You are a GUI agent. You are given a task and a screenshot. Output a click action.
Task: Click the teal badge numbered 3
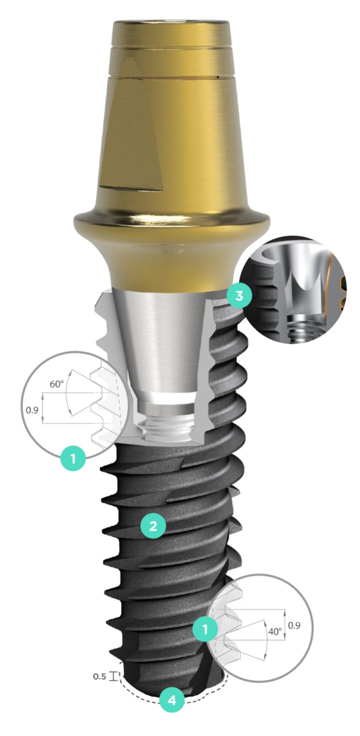point(239,296)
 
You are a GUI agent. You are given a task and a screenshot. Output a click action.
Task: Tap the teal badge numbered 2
point(153,526)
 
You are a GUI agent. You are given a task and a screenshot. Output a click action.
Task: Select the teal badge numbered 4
point(172,700)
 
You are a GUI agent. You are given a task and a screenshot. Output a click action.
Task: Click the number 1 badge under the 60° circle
point(73,458)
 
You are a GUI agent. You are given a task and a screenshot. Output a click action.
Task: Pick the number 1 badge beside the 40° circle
point(205,629)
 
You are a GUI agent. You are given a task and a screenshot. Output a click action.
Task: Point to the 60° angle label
point(57,384)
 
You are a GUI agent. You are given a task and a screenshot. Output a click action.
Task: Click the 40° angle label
point(275,631)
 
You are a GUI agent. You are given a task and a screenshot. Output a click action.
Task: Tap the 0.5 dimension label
point(99,676)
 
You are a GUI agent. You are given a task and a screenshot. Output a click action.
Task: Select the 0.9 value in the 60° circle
point(32,410)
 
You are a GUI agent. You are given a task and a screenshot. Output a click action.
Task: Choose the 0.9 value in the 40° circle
point(294,625)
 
